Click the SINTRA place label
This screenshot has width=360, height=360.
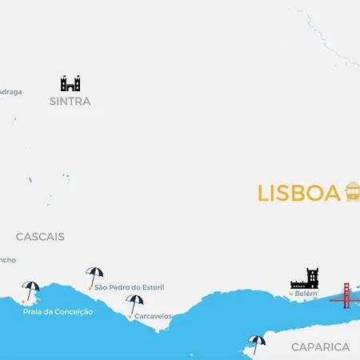tap(70, 102)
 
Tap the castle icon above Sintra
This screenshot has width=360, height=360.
tap(70, 83)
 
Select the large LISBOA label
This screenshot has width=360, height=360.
tap(299, 194)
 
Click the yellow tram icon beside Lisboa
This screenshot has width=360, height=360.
tap(352, 192)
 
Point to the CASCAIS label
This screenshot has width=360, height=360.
tap(40, 237)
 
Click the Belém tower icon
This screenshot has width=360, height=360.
tap(305, 278)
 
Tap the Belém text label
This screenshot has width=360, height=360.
tap(306, 294)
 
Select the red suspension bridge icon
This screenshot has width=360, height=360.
tap(345, 294)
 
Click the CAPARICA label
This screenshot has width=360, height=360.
tap(320, 346)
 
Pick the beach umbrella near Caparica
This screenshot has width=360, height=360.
tap(257, 342)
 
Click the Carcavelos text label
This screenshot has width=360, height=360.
tap(153, 316)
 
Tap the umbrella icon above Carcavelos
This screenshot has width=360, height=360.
tap(134, 303)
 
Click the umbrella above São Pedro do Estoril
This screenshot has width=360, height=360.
tap(94, 275)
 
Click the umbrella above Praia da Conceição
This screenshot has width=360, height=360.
tap(31, 290)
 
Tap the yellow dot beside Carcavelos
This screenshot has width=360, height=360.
tap(130, 317)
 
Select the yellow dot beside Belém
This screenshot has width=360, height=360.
tap(290, 294)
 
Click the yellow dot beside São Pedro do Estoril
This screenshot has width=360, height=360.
tap(90, 287)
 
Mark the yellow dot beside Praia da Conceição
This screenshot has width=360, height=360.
tap(23, 302)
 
